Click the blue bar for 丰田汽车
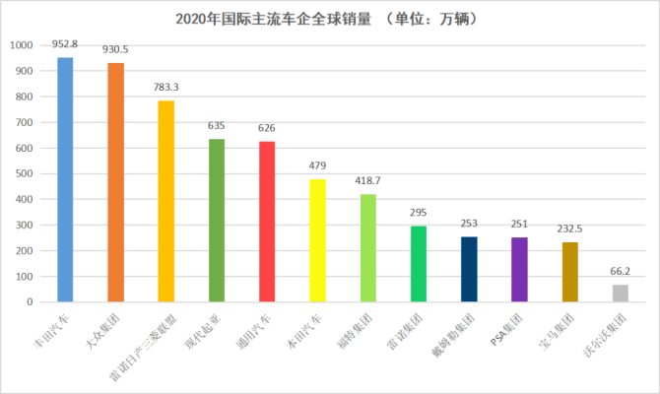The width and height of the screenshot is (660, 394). pyautogui.click(x=65, y=179)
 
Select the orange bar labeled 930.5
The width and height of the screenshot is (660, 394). pyautogui.click(x=115, y=182)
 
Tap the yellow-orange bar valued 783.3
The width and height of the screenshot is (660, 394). pyautogui.click(x=165, y=201)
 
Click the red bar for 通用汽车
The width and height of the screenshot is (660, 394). pyautogui.click(x=267, y=222)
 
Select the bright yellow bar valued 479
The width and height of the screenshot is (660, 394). pyautogui.click(x=317, y=240)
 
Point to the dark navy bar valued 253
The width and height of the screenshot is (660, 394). pyautogui.click(x=469, y=269)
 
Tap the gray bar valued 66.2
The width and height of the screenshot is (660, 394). pyautogui.click(x=620, y=293)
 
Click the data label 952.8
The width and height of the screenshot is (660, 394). pyautogui.click(x=65, y=45)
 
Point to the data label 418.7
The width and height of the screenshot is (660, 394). pyautogui.click(x=368, y=182)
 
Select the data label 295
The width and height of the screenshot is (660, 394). pyautogui.click(x=419, y=214)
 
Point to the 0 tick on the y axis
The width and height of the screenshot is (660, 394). pyautogui.click(x=30, y=301)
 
